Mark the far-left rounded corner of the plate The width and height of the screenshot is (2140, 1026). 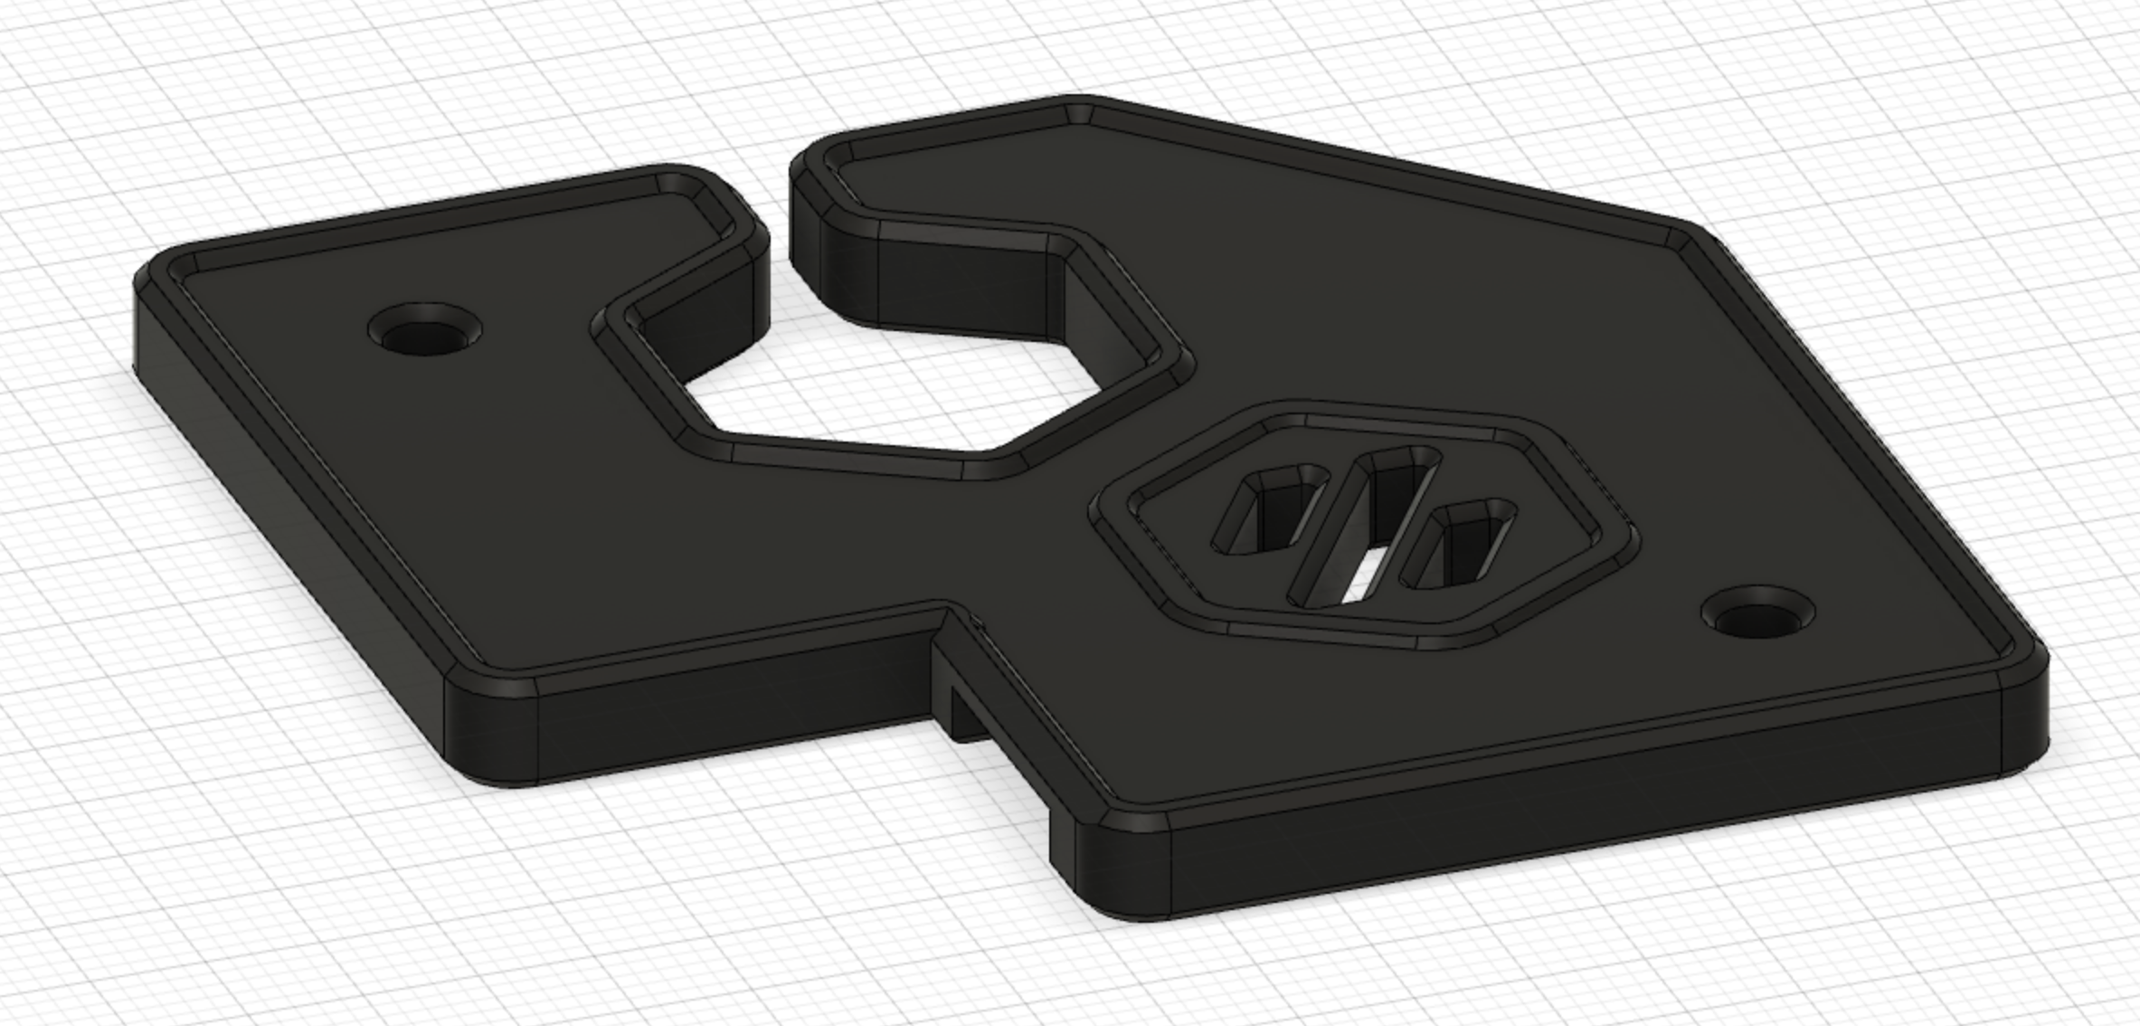pyautogui.click(x=149, y=271)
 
